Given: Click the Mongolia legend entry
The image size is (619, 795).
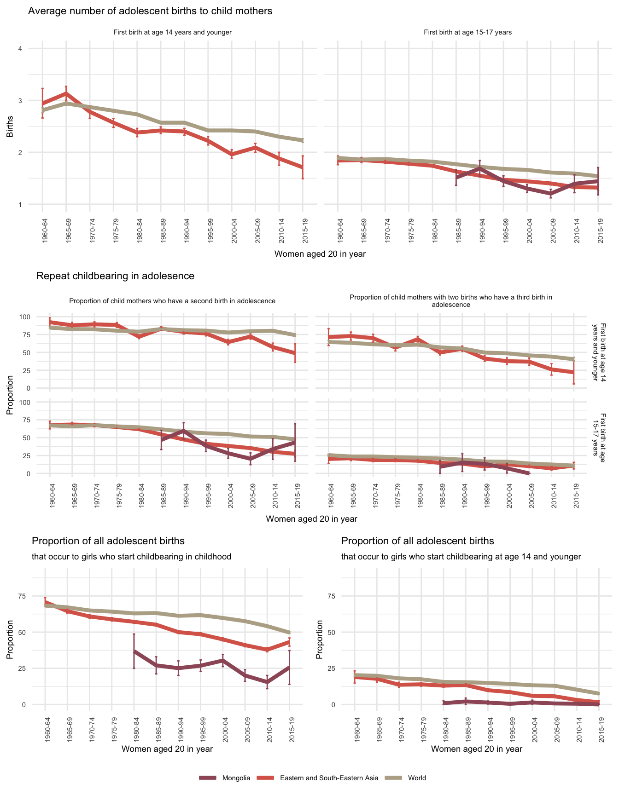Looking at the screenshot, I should [236, 778].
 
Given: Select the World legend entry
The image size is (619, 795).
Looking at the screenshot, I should [417, 778].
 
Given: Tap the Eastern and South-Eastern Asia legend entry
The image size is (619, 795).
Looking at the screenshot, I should [329, 778].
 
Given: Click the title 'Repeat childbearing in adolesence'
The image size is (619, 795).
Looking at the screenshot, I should [115, 276].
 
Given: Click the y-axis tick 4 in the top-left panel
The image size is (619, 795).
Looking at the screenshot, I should [20, 49].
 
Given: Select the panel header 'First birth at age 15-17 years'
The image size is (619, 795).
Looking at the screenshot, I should [467, 33].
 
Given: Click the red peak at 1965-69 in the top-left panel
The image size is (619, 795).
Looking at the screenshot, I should [66, 93].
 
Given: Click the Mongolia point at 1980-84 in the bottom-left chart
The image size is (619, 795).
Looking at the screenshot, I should [134, 651].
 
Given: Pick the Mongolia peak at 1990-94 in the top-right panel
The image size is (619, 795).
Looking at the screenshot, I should [480, 168].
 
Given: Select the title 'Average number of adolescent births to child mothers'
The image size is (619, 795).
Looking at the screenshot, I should [150, 11].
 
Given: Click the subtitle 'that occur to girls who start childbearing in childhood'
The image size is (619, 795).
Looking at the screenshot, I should [131, 557].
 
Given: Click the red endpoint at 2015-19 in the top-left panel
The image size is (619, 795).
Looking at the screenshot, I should [303, 167].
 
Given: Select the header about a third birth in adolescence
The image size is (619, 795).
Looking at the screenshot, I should [450, 301].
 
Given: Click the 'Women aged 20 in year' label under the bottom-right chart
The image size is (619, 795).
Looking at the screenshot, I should [477, 749].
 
